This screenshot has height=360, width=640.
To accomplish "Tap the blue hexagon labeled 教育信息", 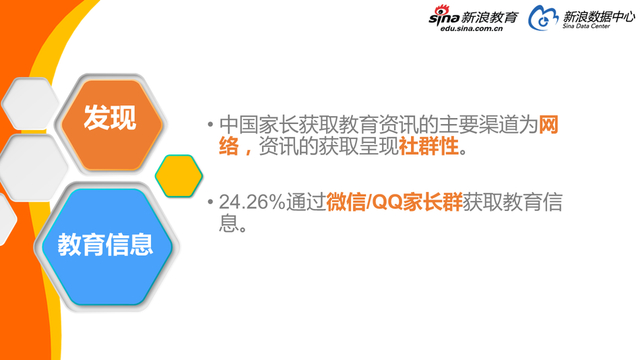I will click(105, 243).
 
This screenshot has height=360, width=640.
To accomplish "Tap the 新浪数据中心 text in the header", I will click(597, 16).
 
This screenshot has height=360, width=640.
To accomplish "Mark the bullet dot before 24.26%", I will click(210, 203).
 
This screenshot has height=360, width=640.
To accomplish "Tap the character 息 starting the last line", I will click(230, 225).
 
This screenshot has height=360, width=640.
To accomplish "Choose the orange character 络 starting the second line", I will click(230, 147).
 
